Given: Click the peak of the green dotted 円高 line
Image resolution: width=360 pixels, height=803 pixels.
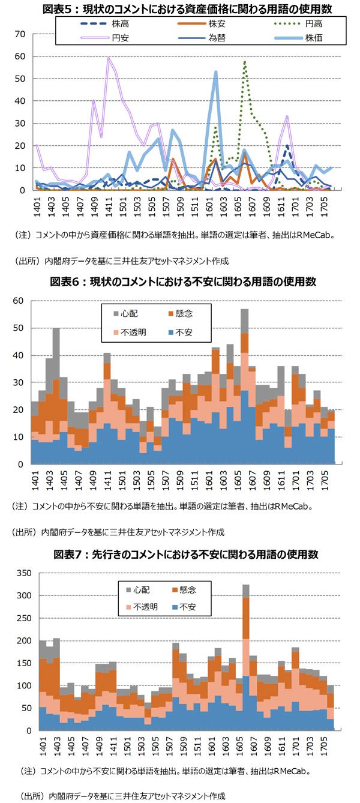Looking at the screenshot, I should pos(245,61).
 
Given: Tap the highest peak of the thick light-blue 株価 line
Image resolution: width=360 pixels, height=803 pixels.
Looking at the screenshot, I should pos(215,72).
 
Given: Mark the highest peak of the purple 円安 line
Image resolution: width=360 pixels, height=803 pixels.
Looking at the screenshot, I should pos(108,58).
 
